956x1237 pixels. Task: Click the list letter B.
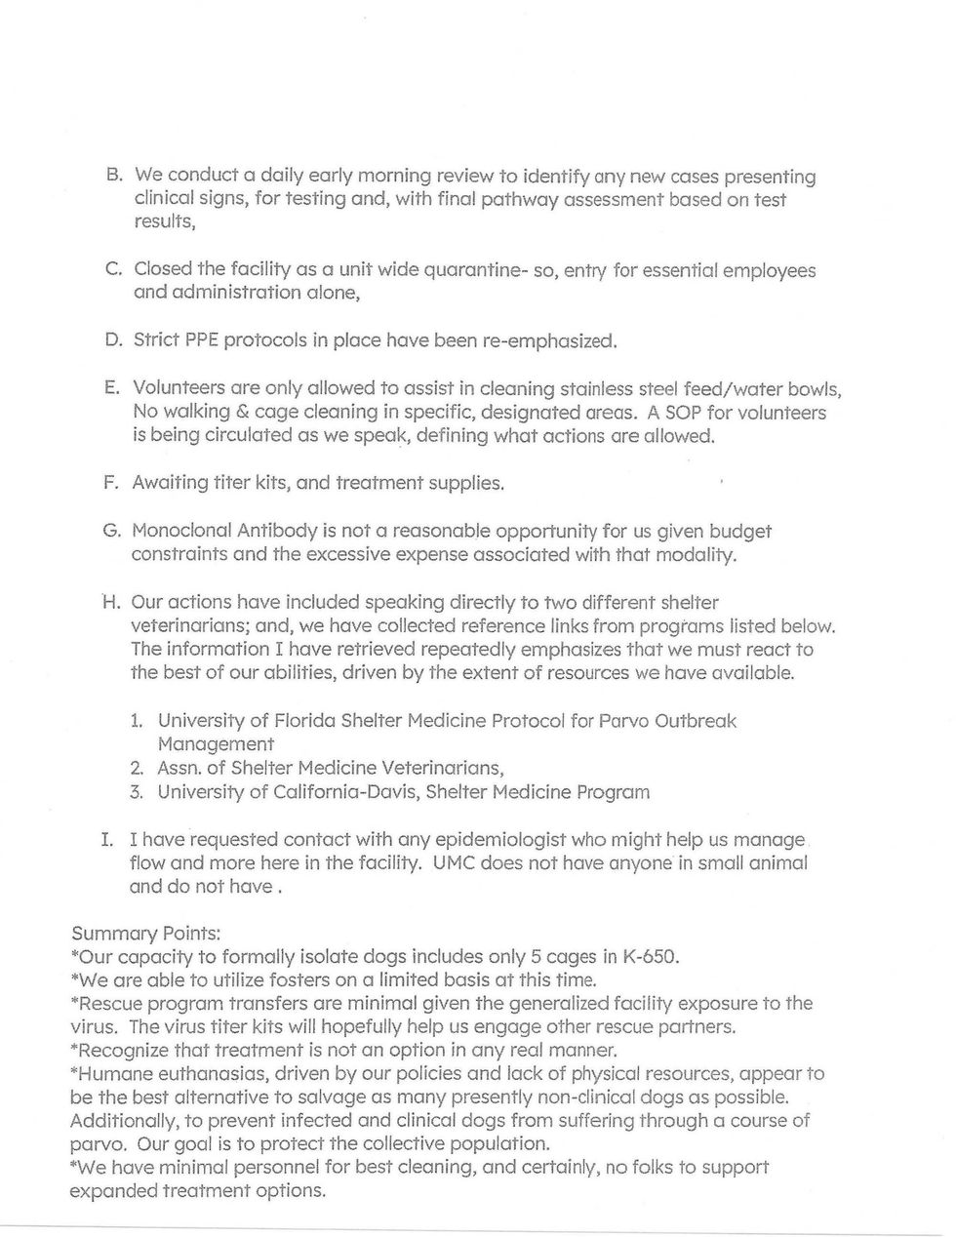coord(112,177)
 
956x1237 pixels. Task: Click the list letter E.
coord(111,389)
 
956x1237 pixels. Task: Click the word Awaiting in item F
coord(171,483)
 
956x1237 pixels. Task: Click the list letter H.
coord(110,603)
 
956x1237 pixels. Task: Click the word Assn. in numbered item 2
coord(183,768)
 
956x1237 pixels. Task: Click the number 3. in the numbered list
coord(137,791)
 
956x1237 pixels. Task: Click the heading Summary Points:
coord(145,934)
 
